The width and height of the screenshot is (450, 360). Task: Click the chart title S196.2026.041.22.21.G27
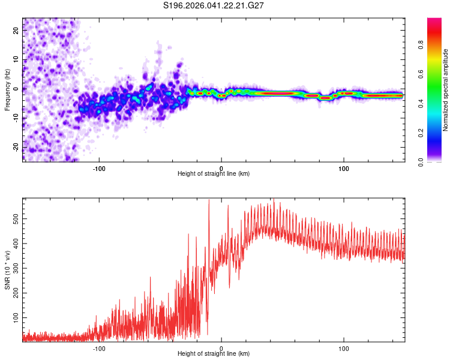pyautogui.click(x=214, y=5)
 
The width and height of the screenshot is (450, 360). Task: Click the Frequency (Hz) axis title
pyautogui.click(x=7, y=90)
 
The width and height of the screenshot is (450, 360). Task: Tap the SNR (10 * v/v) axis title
pyautogui.click(x=7, y=269)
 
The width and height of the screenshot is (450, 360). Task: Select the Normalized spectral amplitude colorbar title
pyautogui.click(x=445, y=90)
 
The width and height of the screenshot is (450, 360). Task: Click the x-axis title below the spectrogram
pyautogui.click(x=214, y=173)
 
